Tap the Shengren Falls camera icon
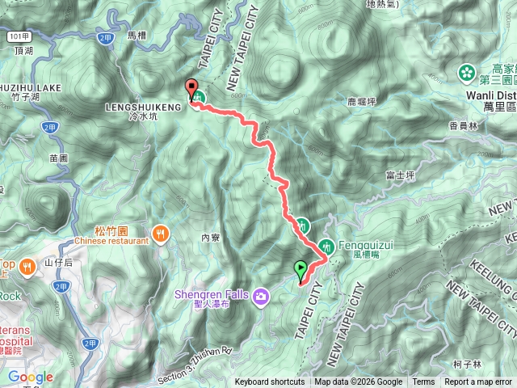click(261, 297)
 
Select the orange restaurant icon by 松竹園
click(162, 233)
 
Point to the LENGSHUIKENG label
click(139, 106)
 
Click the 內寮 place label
click(210, 237)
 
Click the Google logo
click(30, 377)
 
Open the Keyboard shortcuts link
click(270, 382)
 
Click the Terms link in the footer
click(422, 382)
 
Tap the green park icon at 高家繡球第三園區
click(466, 73)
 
